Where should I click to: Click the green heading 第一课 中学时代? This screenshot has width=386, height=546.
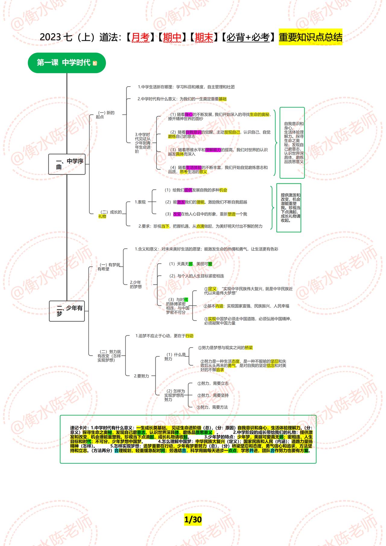coord(64,63)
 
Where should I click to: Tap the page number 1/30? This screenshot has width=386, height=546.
coord(193,519)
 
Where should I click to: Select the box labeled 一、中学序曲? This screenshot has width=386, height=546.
coord(67,164)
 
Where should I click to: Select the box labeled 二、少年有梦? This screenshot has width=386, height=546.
coord(67,311)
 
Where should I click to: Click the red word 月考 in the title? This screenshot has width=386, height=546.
coord(141,37)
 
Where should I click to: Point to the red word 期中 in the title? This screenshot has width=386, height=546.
coord(172,37)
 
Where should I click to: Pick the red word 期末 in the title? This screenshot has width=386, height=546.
coord(204,37)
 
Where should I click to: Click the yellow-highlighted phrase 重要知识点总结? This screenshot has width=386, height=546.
coord(310,37)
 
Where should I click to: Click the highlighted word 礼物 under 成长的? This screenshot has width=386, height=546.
coord(102,216)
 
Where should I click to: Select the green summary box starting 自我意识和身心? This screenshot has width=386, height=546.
coord(292,143)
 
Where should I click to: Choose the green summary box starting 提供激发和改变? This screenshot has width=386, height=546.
coord(289,208)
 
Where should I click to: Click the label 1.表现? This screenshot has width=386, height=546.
coord(140,202)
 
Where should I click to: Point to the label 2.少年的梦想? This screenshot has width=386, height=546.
coord(136,284)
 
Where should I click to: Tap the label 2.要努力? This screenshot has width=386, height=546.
coord(141,376)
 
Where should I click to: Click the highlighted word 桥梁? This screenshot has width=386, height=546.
coord(248,348)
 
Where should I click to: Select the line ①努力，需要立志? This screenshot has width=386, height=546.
coord(213,383)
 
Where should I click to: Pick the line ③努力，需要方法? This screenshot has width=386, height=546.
coord(212,407)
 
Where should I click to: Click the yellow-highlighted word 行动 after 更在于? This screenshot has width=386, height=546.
coord(189,336)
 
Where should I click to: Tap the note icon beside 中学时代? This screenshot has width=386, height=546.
coord(95,63)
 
